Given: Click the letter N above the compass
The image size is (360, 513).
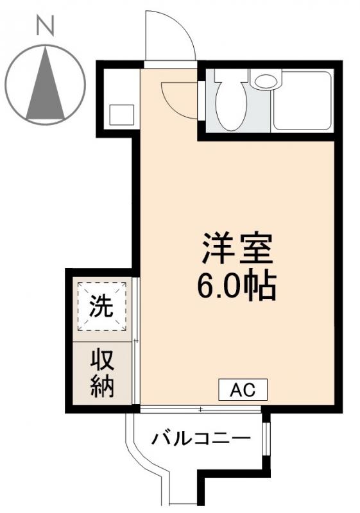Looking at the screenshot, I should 44,26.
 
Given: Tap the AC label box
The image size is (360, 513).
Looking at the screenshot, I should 243,389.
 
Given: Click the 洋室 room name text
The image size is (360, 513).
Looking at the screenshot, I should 238,249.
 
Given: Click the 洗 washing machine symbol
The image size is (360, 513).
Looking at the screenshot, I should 101,307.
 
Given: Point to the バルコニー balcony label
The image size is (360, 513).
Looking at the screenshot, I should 201,440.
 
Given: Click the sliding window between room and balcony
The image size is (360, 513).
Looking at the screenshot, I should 200,409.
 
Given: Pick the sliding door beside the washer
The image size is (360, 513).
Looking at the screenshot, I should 136,340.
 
